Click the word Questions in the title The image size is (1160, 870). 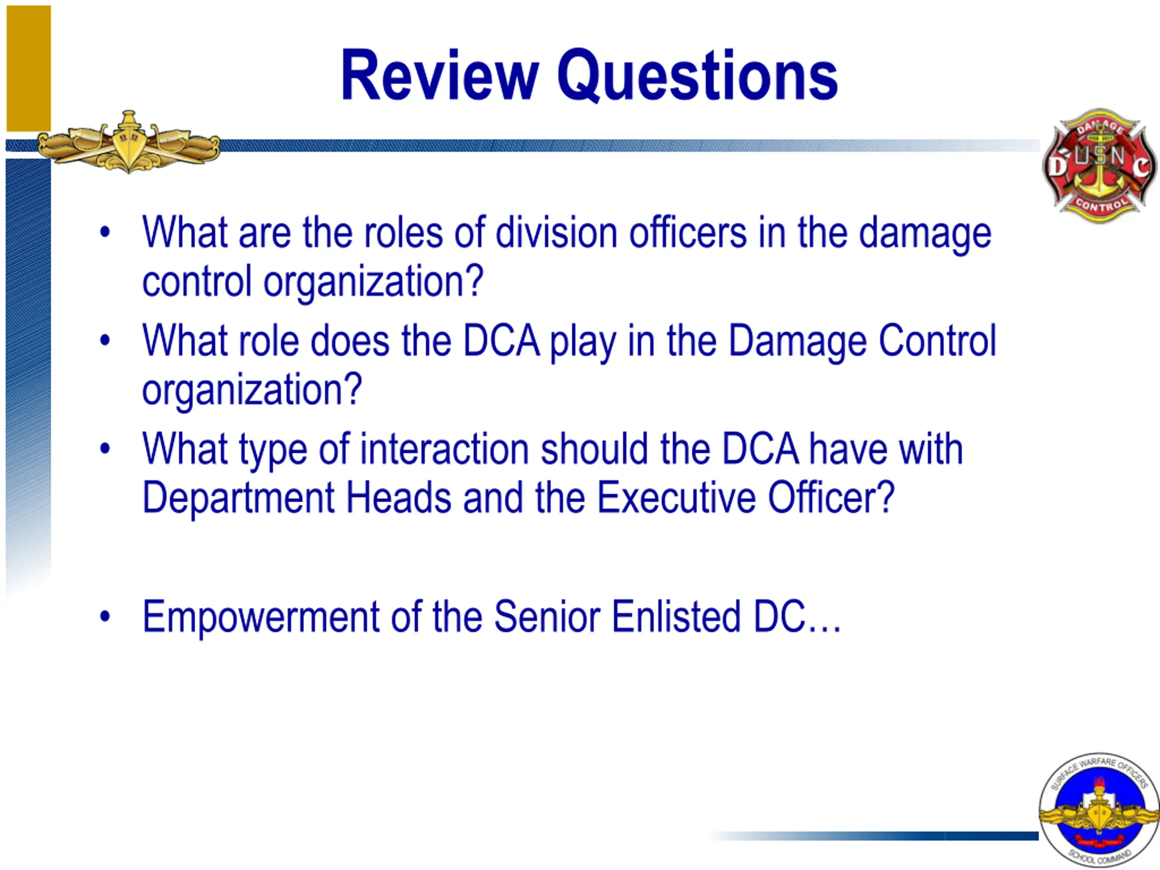[x=697, y=76]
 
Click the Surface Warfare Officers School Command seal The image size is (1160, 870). [x=1099, y=810]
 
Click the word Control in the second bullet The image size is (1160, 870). [x=937, y=341]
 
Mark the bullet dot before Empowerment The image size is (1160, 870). [x=105, y=617]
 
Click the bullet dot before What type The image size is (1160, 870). [x=105, y=449]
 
